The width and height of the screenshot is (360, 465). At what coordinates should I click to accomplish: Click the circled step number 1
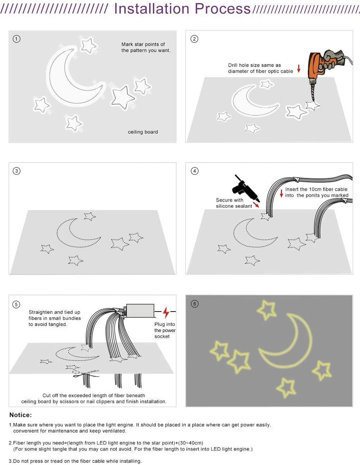[16, 39]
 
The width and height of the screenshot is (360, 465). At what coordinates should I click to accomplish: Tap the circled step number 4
[195, 171]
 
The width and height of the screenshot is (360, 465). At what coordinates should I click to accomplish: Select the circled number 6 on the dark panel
[195, 304]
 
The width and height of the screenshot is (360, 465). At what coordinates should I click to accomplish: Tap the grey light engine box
[140, 311]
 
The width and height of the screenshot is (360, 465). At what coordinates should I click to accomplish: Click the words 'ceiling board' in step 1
[143, 132]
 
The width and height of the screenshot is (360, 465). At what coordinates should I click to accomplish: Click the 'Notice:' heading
[21, 415]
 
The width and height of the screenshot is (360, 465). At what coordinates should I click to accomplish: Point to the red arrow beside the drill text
[299, 69]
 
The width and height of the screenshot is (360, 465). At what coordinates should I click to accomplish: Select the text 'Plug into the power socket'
[164, 330]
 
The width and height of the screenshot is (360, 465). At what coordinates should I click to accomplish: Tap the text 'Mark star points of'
[143, 45]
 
